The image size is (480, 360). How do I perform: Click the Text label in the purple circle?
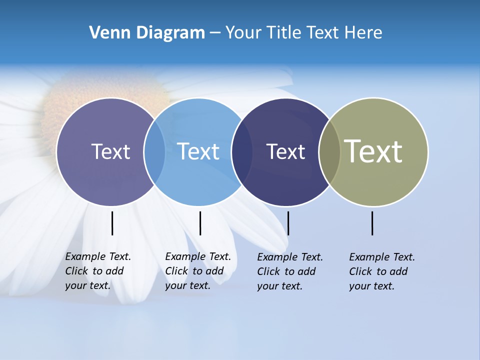(110, 151)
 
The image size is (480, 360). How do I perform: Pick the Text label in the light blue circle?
(198, 151)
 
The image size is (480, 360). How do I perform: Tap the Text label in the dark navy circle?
(285, 151)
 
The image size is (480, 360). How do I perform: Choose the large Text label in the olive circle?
(373, 151)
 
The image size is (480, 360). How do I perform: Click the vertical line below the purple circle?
(112, 223)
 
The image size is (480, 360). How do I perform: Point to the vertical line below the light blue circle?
(200, 223)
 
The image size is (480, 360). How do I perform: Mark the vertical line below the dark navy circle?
(288, 223)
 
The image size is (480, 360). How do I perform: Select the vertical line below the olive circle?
(372, 223)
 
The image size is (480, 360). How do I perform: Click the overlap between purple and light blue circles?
(154, 152)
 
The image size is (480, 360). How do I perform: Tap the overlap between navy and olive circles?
(329, 152)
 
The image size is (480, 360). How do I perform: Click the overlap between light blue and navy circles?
(242, 152)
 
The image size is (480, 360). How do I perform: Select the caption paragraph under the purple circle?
(98, 271)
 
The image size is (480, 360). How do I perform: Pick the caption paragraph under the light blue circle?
(198, 271)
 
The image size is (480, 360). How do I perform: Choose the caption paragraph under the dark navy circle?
(290, 271)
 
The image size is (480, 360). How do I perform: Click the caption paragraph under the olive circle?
(382, 271)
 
